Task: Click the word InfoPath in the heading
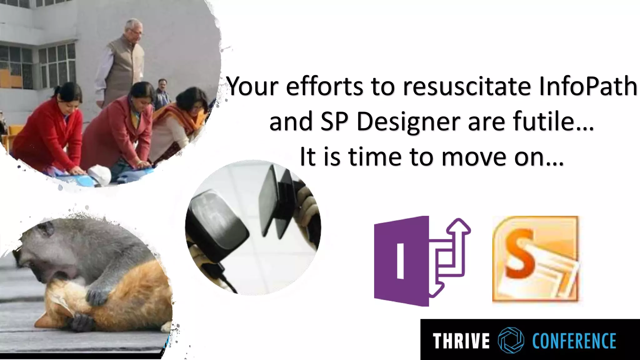coord(588,87)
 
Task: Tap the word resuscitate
coord(467,87)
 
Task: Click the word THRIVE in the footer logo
coord(461,341)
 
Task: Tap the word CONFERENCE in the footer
coord(574,341)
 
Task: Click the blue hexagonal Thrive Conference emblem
coord(511,340)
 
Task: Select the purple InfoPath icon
coord(419,261)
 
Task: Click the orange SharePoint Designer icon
coord(535,259)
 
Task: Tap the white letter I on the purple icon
coord(400,261)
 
